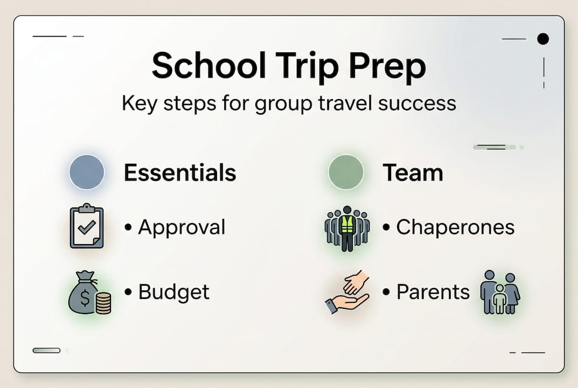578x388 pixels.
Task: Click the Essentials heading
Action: [x=180, y=173]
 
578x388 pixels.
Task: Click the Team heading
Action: [x=413, y=173]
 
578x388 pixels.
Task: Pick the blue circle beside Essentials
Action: [x=87, y=172]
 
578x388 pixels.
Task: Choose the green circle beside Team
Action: [x=346, y=172]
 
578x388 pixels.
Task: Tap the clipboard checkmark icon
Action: [x=86, y=226]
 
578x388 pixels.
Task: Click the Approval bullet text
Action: [x=182, y=227]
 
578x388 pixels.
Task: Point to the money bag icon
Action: [x=83, y=293]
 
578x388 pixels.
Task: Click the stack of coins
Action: [x=103, y=303]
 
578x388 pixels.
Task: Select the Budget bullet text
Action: [x=173, y=292]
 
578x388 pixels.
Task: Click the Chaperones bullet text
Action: [x=455, y=227]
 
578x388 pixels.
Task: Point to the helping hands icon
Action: [x=347, y=292]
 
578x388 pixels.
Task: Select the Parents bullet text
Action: [x=433, y=292]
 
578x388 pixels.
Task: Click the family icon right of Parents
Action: [x=500, y=292]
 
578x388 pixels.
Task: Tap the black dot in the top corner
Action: [x=543, y=39]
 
